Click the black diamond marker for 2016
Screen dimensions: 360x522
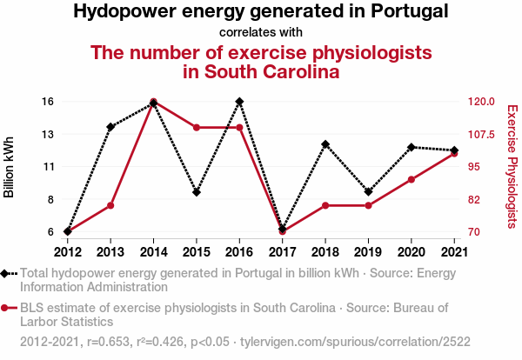239,102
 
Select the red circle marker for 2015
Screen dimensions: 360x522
197,128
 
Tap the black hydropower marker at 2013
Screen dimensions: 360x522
110,127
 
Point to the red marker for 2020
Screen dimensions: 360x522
412,180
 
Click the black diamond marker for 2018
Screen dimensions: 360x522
325,144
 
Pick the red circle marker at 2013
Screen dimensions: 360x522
110,205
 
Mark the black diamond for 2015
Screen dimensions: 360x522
197,192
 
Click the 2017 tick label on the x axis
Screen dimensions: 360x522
283,252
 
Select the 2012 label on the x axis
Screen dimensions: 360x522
68,252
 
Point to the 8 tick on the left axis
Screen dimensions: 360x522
50,199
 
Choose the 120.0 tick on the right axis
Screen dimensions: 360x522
481,102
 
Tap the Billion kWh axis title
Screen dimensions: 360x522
10,166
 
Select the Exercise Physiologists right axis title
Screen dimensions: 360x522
512,166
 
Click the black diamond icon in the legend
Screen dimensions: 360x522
6,273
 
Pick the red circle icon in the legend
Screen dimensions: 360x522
6,308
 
